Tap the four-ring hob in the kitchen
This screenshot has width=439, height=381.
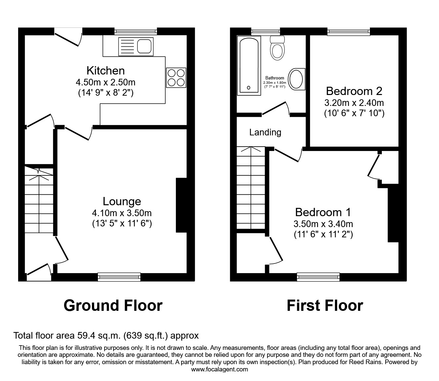coord(176,77)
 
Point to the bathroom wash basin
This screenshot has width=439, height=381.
coord(297,79)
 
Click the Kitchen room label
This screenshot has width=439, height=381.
coord(105,71)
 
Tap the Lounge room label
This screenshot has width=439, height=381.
coord(122,201)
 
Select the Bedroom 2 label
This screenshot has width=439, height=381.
coord(354,91)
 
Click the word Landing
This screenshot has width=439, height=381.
coord(265,132)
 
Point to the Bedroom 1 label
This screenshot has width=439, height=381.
coord(323,212)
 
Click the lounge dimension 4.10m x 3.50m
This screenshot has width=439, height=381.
coord(122,213)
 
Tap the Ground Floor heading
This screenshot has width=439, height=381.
coord(113,305)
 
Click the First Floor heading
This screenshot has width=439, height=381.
coord(325,305)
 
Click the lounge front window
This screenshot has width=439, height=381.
coord(119,277)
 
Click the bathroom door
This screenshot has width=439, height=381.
coord(275,109)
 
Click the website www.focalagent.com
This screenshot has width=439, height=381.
coord(219,369)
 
